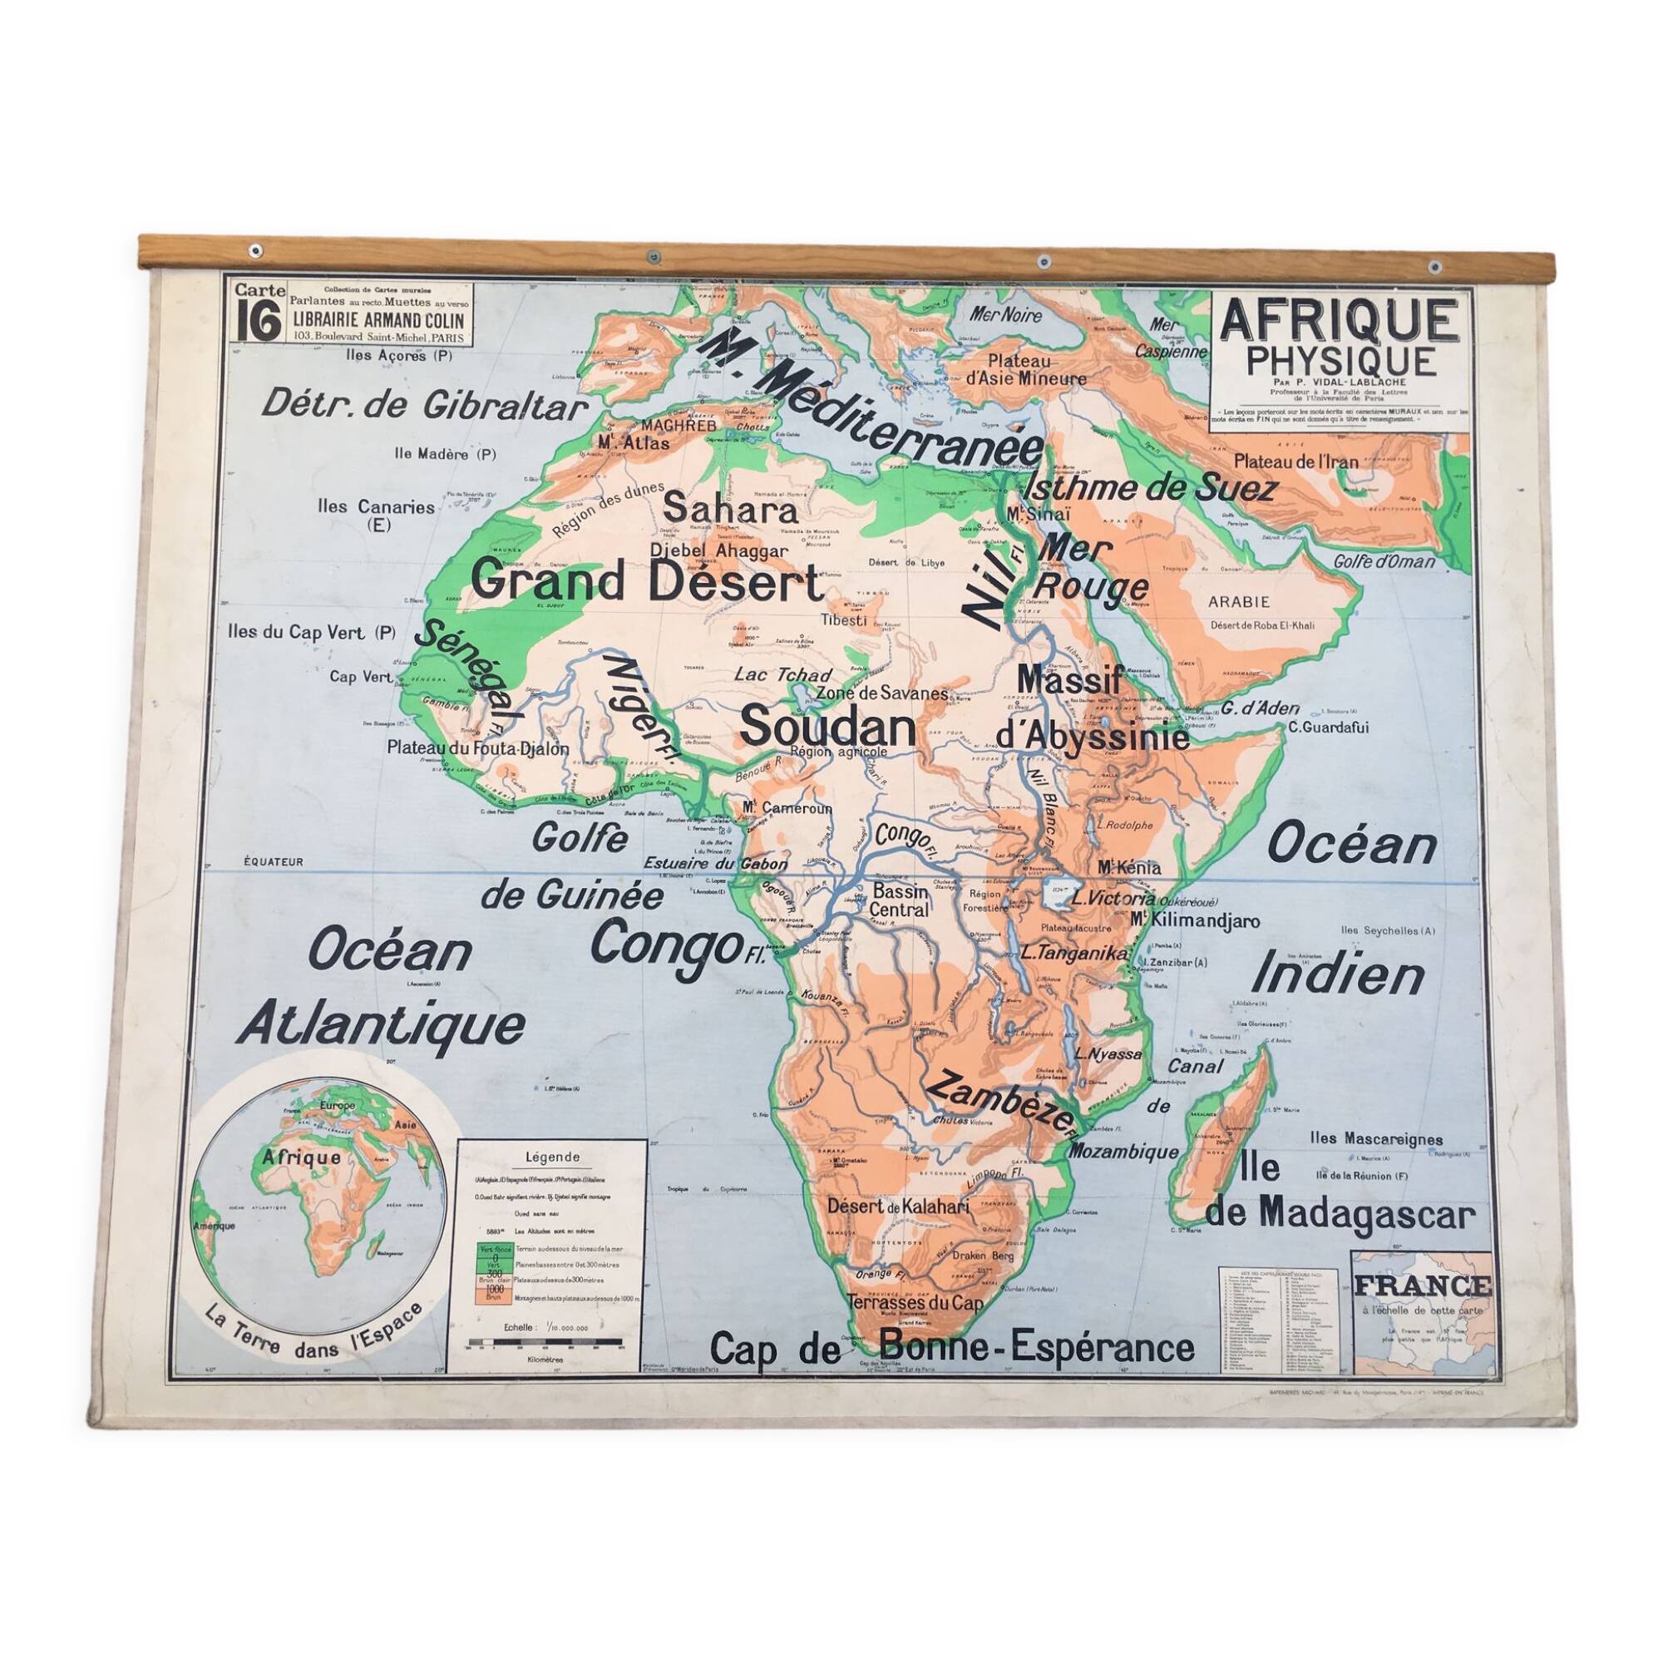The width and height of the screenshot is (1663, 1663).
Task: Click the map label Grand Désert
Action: [647, 582]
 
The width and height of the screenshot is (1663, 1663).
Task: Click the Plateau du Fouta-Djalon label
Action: [478, 749]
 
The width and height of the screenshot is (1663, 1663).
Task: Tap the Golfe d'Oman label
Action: [1384, 561]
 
